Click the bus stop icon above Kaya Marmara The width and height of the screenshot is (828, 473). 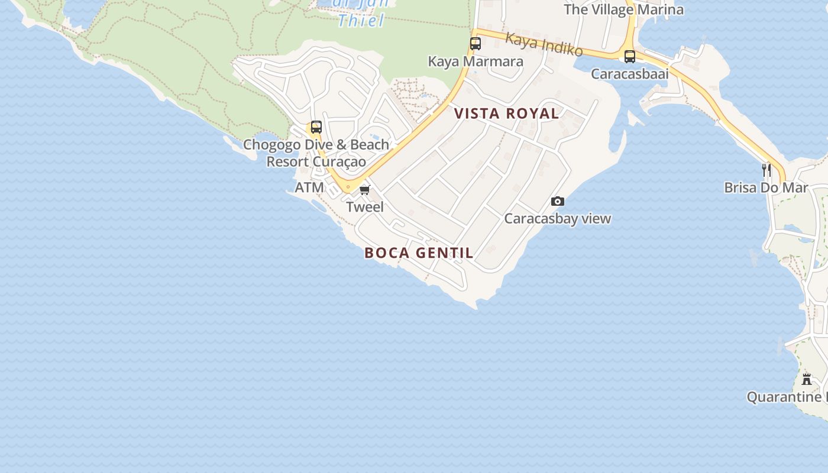[476, 43]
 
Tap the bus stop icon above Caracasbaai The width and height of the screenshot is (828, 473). [630, 56]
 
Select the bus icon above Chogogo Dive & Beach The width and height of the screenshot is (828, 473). [316, 127]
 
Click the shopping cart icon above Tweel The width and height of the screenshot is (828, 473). [365, 190]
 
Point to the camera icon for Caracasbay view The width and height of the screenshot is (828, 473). [557, 202]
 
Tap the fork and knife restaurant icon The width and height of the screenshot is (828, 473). [766, 170]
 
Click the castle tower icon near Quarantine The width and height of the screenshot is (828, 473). [807, 379]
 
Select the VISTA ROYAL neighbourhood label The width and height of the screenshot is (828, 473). [506, 114]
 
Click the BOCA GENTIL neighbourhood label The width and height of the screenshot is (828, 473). [419, 253]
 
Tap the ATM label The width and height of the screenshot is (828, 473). [309, 188]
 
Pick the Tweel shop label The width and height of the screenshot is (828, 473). [365, 207]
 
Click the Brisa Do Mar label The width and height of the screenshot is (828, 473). [766, 188]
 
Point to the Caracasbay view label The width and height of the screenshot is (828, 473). [557, 219]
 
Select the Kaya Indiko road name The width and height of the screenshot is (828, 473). [544, 45]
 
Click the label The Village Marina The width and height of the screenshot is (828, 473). [623, 9]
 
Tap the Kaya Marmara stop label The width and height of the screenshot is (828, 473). [476, 61]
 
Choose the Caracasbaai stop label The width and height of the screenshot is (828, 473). [630, 74]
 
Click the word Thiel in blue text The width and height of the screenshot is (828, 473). [361, 21]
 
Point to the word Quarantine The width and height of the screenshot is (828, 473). [784, 397]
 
